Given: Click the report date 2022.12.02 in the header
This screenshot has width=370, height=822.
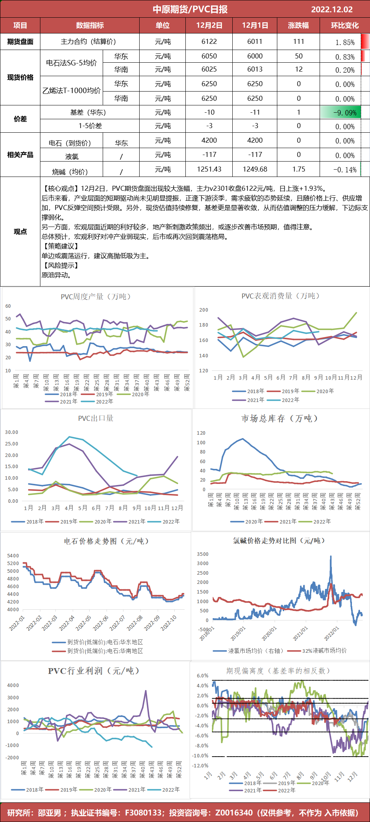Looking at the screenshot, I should (x=332, y=9).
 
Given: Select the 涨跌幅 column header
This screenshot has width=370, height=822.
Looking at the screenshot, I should (x=298, y=25).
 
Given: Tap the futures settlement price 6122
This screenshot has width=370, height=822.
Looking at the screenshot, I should (x=209, y=42).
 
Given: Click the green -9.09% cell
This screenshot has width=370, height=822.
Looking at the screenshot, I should (x=341, y=113).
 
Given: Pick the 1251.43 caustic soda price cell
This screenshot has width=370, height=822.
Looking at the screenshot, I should (x=209, y=169).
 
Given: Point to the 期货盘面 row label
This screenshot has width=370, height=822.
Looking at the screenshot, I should (x=20, y=42).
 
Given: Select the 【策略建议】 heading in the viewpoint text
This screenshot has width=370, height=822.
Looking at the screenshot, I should (x=61, y=246).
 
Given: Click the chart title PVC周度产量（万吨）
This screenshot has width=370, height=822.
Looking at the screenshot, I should (x=96, y=297).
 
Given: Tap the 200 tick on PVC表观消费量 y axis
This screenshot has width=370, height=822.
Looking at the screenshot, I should (x=203, y=310).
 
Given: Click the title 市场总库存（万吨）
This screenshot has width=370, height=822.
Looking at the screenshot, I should (x=280, y=419).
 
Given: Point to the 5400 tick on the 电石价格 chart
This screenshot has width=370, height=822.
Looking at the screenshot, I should (x=13, y=556).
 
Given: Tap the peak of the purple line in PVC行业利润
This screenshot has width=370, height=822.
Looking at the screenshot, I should (x=145, y=691).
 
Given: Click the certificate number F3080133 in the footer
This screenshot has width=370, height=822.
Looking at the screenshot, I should (x=143, y=812).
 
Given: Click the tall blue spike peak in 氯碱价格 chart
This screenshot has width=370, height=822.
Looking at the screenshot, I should (x=330, y=556).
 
